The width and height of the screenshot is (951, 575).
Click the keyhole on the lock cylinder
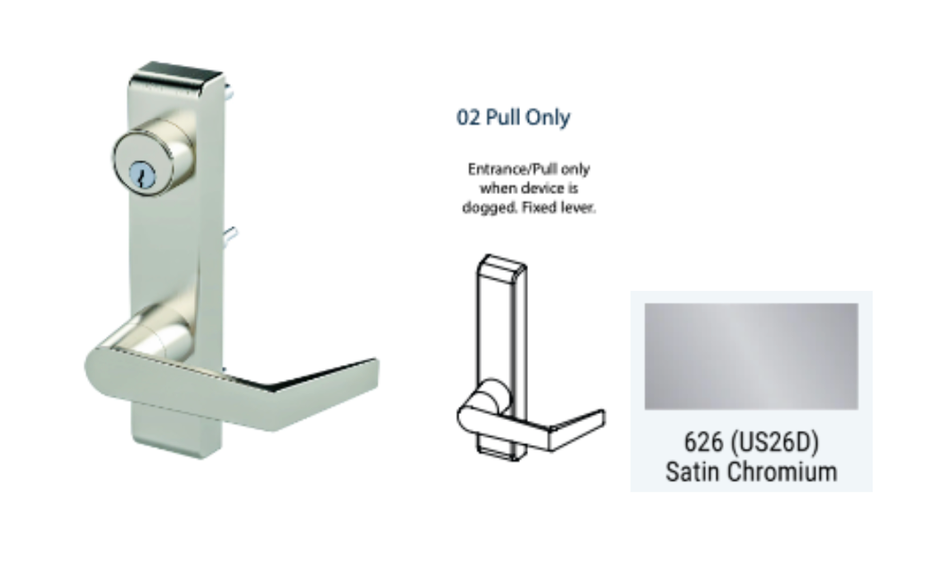[143, 176]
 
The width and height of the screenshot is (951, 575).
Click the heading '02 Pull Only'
[513, 117]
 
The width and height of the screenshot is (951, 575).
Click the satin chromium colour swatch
[751, 357]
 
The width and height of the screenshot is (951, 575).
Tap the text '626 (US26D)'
[752, 441]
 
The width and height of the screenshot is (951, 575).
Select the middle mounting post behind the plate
[231, 235]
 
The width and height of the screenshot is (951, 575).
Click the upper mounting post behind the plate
[228, 92]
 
